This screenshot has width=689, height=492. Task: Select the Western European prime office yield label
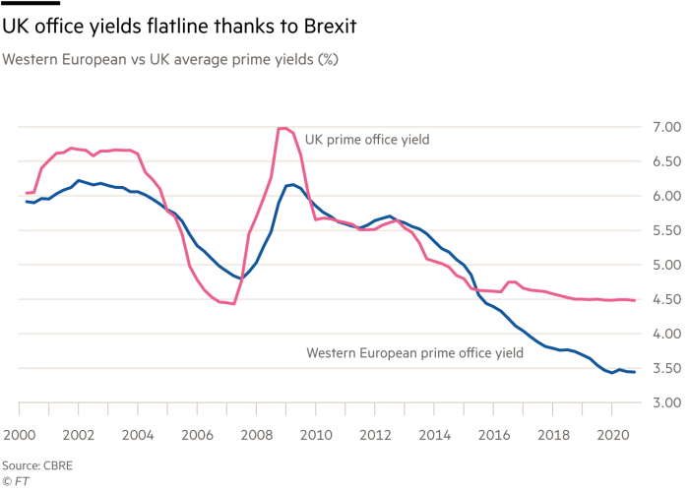[x=413, y=351]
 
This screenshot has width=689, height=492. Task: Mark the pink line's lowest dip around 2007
[x=232, y=304]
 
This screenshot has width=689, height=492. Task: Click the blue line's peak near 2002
[x=79, y=180]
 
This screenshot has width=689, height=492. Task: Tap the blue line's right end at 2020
[x=634, y=372]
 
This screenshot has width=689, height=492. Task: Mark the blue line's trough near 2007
[x=239, y=278]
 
